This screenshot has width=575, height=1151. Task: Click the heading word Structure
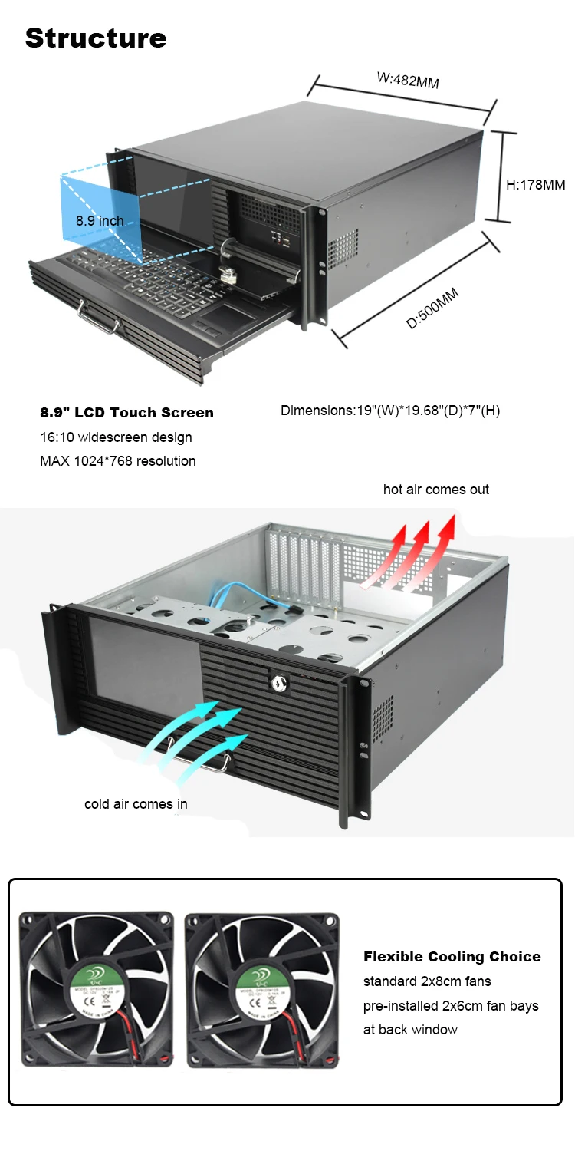[x=96, y=38]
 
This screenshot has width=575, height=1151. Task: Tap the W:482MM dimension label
[x=407, y=80]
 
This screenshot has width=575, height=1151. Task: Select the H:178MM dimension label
[x=536, y=185]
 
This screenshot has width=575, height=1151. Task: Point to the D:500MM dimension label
[x=433, y=308]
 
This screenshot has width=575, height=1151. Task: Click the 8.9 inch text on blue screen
[x=100, y=221]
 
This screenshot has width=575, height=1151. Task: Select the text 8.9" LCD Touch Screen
[x=127, y=413]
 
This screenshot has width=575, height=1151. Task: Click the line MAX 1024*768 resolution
[x=118, y=461]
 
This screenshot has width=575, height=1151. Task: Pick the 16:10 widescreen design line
[x=116, y=437]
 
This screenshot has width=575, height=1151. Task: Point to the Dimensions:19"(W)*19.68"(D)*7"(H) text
[x=390, y=411]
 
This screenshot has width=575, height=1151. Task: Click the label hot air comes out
[x=436, y=490]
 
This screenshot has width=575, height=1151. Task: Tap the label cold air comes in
[x=136, y=804]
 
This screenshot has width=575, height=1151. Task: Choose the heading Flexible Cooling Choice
[x=452, y=957]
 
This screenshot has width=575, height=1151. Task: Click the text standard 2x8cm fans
[x=427, y=981]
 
